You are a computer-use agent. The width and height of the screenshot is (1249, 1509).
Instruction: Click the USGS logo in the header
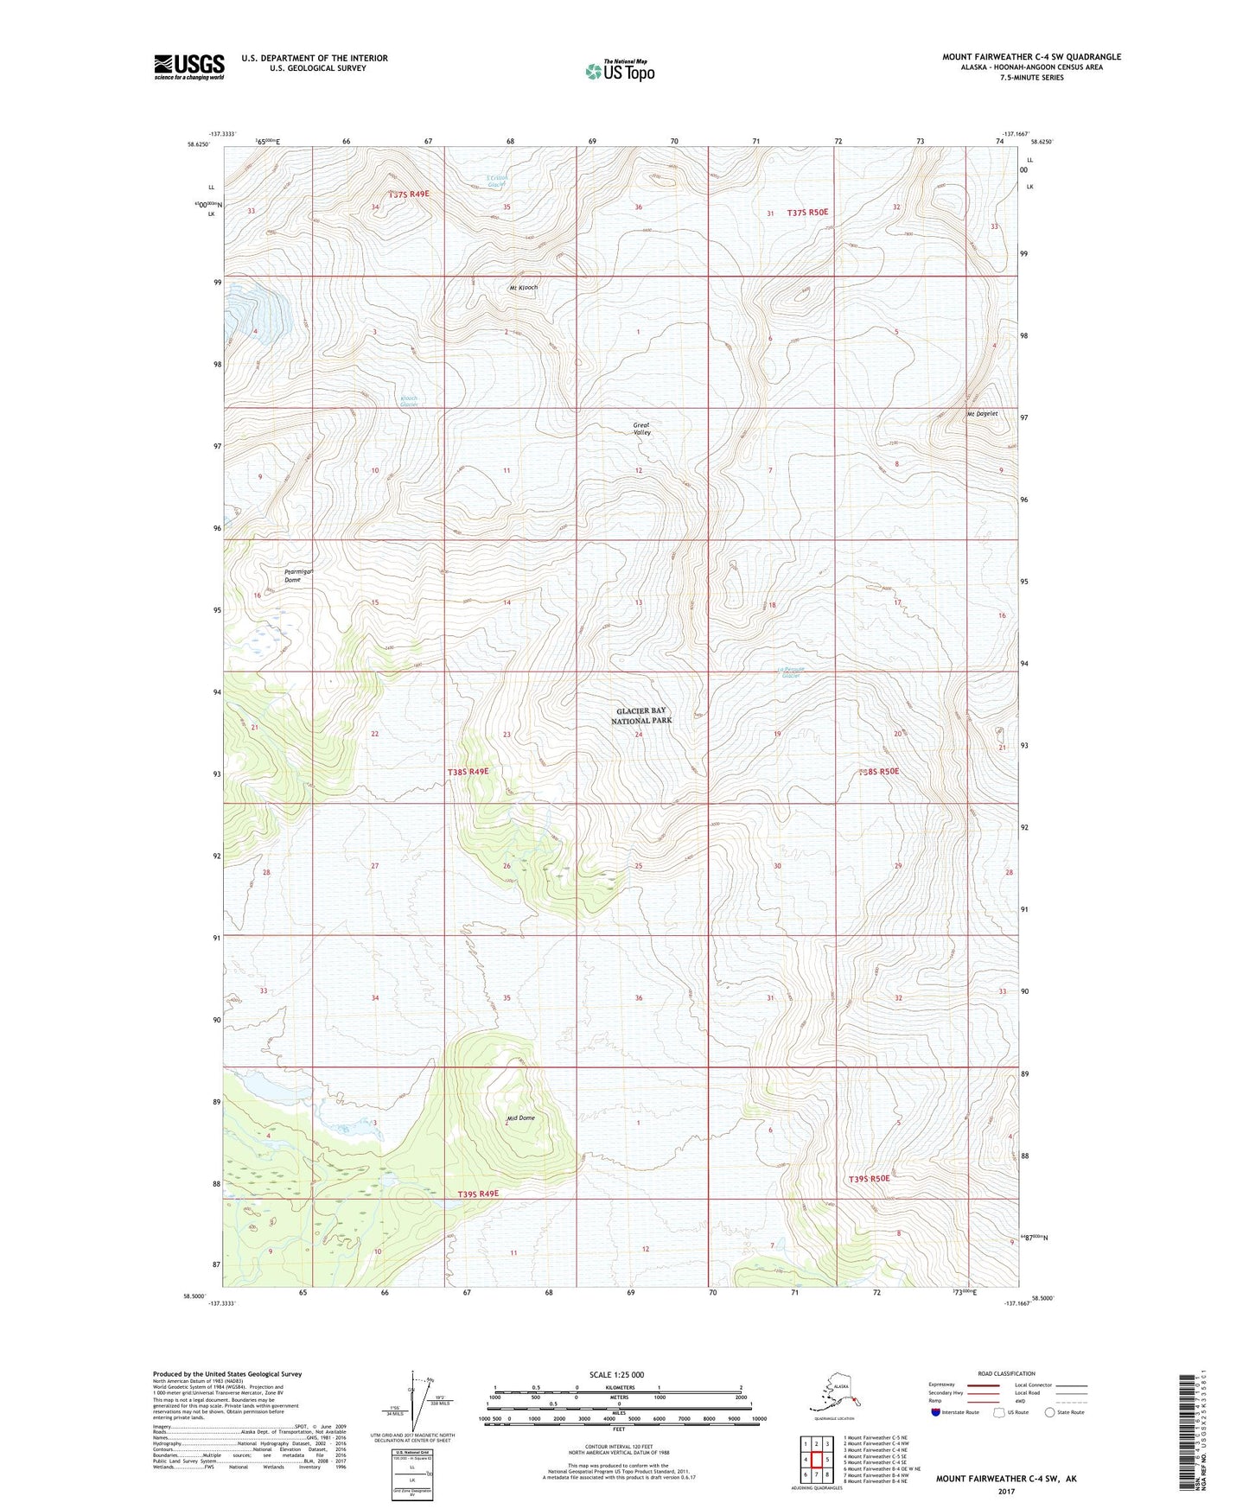pos(189,67)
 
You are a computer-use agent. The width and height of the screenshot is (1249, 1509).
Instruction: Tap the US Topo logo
pos(619,70)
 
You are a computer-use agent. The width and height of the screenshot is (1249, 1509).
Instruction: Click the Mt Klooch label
pos(524,288)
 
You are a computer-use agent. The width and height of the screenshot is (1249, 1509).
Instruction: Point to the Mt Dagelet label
pos(982,414)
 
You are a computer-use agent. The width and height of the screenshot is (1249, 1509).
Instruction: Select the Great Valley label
pos(641,429)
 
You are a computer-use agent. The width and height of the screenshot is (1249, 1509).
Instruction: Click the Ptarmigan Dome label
pos(303,576)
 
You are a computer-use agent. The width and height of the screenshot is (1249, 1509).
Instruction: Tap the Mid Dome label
pos(521,1118)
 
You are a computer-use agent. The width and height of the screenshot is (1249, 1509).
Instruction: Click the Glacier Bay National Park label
pos(640,716)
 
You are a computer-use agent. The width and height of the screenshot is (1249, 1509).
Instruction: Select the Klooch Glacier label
pos(409,401)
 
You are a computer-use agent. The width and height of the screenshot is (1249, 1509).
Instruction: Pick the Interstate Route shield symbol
pos(939,1412)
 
